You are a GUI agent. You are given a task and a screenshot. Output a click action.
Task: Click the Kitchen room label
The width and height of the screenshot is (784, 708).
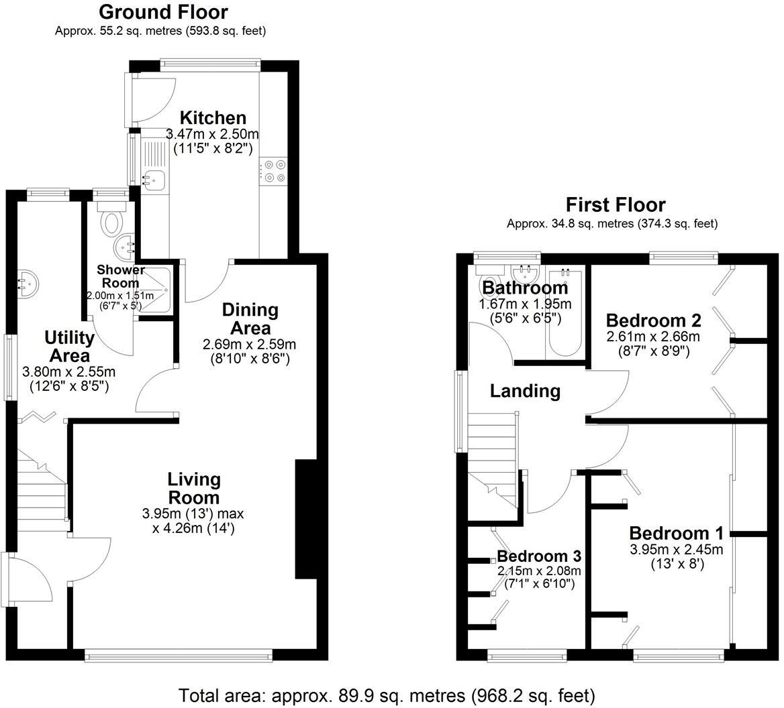coord(213,118)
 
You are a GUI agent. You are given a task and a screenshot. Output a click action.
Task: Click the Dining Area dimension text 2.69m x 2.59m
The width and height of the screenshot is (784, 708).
coord(249,344)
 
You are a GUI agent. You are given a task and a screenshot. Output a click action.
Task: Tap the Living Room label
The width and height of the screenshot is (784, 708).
coord(194,488)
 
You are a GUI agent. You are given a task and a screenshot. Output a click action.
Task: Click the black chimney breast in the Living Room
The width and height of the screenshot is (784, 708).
coord(305,519)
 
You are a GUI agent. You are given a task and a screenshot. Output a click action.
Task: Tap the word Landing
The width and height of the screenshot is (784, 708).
coord(525,391)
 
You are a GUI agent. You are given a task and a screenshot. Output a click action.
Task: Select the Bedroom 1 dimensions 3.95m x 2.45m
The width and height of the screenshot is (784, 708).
coord(676,550)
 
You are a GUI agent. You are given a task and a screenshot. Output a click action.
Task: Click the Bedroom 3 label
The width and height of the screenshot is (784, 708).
coord(538,556)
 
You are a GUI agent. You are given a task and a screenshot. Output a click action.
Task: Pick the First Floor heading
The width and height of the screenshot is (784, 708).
coord(615,204)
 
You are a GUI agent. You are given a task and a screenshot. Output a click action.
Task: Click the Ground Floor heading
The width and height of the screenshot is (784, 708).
coord(163,12)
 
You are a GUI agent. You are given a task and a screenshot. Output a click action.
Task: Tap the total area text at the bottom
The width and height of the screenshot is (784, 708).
coord(387,695)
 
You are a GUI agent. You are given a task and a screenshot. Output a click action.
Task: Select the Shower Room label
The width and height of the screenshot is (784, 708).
coord(120,276)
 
